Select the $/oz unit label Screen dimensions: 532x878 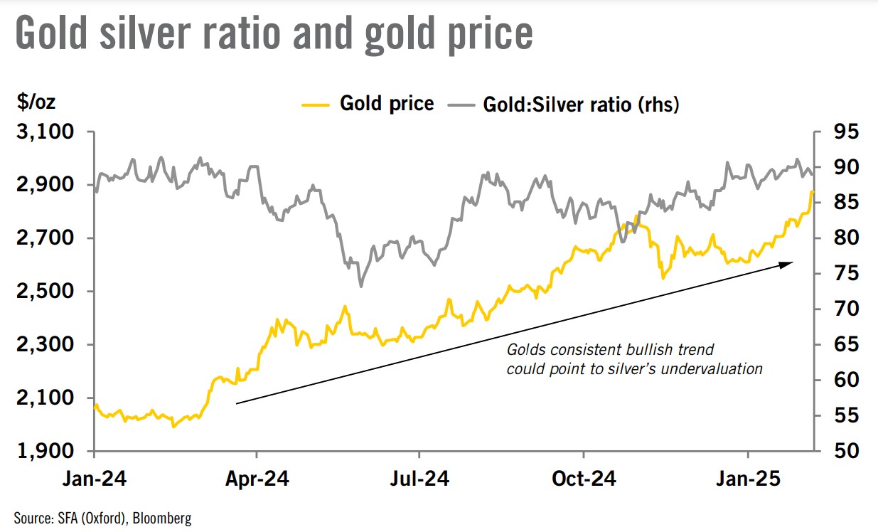coord(36,102)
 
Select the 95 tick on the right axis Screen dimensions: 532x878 coord(847,132)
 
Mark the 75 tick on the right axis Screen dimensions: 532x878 coord(847,274)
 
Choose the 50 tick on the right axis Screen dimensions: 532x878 coord(847,451)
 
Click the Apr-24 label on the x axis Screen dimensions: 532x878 coord(257,479)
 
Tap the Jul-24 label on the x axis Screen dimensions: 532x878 coord(419,479)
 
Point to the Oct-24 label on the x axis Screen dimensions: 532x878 coord(584,479)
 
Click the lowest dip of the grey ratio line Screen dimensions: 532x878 coord(360,286)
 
